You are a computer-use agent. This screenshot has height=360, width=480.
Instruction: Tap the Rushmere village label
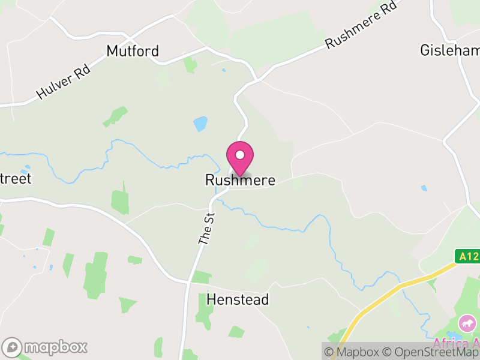(240, 180)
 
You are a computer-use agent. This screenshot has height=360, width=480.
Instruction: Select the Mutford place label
(133, 52)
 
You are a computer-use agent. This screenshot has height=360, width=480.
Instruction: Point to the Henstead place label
(238, 299)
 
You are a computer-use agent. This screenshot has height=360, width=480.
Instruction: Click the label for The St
(206, 227)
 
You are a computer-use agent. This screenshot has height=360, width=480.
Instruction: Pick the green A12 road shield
(467, 256)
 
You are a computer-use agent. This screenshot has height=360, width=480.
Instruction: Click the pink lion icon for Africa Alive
(466, 325)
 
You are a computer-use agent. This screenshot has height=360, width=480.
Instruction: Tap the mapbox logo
(45, 347)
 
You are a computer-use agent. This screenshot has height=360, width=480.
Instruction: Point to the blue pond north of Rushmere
(200, 124)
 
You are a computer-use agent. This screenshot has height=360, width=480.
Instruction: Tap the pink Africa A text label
(456, 343)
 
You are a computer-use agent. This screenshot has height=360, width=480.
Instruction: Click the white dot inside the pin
(240, 155)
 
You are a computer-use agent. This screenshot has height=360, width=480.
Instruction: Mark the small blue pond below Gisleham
(425, 188)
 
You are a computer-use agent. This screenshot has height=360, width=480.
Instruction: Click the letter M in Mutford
(112, 52)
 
